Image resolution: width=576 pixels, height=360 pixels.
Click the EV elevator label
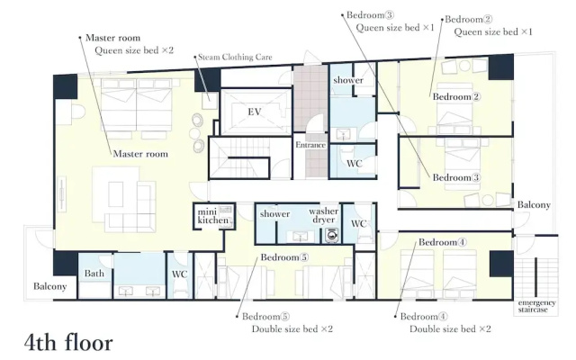254,112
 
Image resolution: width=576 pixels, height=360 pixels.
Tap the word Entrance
310,145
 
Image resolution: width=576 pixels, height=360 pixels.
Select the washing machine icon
332,236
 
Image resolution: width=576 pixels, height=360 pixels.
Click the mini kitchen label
213,216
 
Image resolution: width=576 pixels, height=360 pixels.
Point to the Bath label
94,274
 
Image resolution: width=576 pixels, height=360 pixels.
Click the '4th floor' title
68,342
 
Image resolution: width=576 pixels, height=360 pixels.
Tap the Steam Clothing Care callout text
235,57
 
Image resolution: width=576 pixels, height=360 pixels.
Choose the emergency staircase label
536,306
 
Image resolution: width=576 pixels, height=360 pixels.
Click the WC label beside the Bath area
179,274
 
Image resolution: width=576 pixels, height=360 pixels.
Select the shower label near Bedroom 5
274,214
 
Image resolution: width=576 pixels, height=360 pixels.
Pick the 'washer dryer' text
323,216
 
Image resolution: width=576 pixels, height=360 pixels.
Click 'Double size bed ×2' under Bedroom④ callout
450,328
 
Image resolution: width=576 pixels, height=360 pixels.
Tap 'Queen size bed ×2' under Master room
134,50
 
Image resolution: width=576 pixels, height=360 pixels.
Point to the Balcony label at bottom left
50,286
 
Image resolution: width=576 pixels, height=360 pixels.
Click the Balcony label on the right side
534,204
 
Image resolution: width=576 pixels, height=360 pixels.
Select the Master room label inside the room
140,154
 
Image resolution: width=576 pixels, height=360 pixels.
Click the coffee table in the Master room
116,194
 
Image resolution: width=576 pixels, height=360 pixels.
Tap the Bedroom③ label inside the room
456,177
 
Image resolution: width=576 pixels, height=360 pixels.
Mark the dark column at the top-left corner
66,86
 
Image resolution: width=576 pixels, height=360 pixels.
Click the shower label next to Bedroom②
348,80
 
